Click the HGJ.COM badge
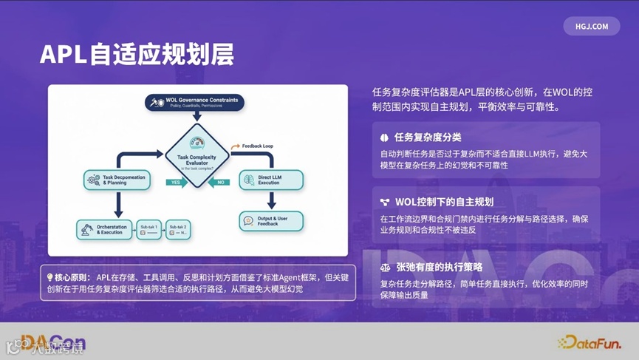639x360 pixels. pos(591,26)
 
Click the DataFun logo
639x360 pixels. pos(588,342)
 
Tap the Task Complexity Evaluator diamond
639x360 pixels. pos(197,155)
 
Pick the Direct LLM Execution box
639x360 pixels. pos(270,179)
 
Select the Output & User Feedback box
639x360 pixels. pos(270,220)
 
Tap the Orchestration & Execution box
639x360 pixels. pos(106,229)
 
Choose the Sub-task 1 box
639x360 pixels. pos(151,229)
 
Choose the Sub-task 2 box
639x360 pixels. pos(179,229)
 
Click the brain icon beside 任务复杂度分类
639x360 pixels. pos(385,137)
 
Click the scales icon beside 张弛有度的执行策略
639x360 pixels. pos(385,267)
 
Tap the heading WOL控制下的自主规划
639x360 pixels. pos(443,202)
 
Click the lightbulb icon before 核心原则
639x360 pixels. pos(49,277)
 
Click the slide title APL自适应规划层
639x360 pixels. pos(137,54)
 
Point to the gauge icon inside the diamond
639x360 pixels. pos(197,141)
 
